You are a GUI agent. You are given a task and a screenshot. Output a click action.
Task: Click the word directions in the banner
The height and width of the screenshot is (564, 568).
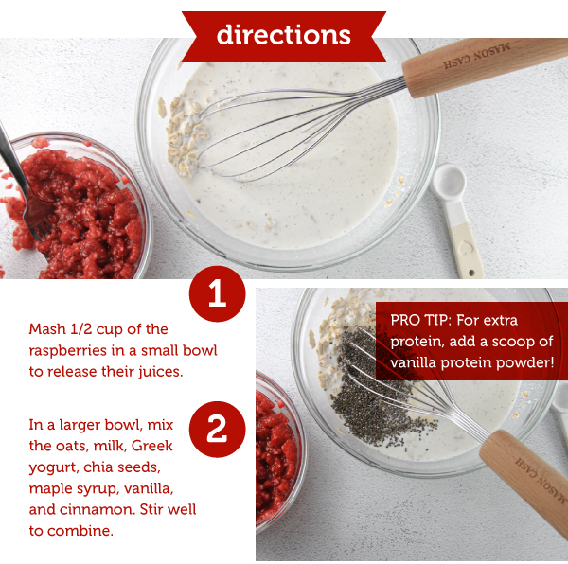(x=283, y=35)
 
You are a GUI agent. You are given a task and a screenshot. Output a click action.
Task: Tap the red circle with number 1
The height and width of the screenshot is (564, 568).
(x=217, y=294)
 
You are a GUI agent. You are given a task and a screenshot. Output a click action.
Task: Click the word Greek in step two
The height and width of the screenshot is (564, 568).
(x=152, y=446)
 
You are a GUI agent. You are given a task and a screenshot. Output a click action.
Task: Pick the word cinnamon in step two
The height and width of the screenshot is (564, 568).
(x=93, y=510)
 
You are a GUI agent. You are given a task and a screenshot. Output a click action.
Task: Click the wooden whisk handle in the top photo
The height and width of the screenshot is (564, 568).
(x=483, y=66)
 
